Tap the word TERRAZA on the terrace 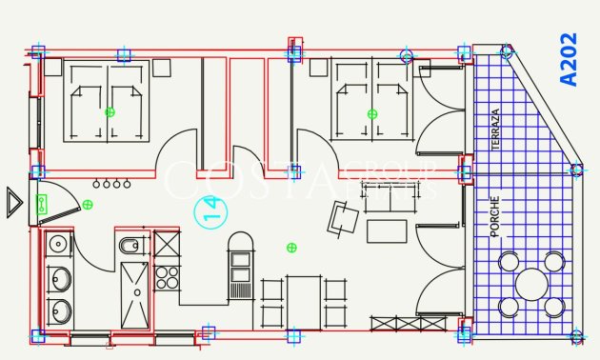(x=495, y=129)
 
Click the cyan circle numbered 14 (x=210, y=211)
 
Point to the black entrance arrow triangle (x=13, y=202)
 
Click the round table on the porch (x=531, y=284)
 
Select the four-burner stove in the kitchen (x=167, y=277)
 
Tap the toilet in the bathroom (x=130, y=248)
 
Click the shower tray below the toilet (x=134, y=295)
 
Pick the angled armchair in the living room (x=343, y=219)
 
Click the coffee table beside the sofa (x=387, y=231)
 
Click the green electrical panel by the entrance (x=42, y=202)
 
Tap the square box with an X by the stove (x=167, y=245)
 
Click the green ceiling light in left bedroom (x=110, y=112)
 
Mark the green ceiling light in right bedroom (x=370, y=113)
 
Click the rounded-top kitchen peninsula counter (x=240, y=267)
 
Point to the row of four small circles (x=110, y=183)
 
